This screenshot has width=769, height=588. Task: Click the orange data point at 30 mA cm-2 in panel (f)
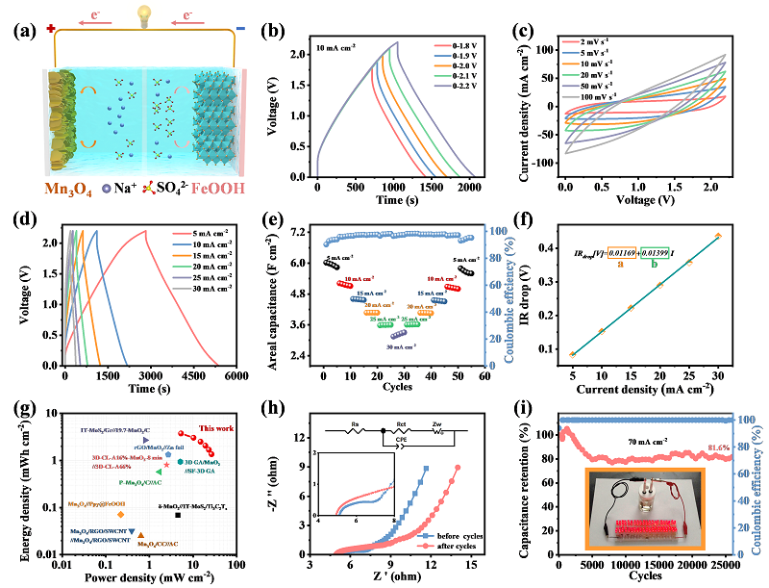tap(718, 235)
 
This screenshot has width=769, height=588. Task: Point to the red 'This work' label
tap(218, 427)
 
